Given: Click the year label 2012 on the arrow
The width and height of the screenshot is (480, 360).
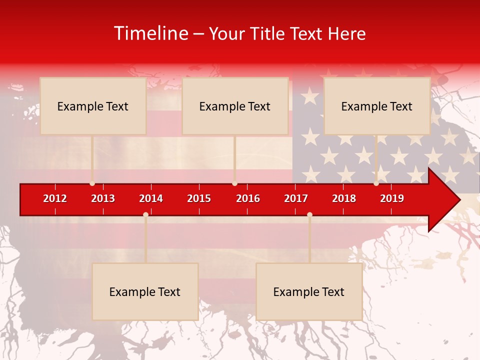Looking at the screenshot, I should pos(55,198).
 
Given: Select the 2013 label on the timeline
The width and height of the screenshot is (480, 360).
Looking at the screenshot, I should pos(103,198).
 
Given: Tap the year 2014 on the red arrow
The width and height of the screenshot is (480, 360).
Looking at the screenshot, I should pos(151,198).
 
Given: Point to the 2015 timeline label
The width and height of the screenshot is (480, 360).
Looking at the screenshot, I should pos(199,198).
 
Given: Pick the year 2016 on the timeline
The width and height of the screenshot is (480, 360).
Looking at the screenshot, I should pos(248,198).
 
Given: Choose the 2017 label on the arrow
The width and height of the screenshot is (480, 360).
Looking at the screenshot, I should pos(296,198).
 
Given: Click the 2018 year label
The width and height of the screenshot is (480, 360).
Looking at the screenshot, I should pos(344,198).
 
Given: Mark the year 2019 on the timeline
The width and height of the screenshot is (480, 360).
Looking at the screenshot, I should pos(392,198).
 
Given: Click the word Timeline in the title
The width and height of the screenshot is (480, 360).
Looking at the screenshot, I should pos(151,33).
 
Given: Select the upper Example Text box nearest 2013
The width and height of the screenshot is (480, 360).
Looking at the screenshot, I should pos(93,106).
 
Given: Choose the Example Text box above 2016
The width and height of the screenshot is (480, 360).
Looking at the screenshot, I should pos(235,106).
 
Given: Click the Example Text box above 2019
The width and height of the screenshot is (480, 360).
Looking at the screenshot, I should pos(377,106).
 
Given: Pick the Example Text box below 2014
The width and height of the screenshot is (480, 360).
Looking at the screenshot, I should pos(145,291).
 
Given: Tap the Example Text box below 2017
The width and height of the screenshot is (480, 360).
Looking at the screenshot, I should pos(309,291).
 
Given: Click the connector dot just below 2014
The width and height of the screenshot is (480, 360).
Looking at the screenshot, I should pos(145,214).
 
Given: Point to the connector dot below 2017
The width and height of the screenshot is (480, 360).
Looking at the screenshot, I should pos(309,214).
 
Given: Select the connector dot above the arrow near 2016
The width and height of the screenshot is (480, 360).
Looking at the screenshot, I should pos(234,183).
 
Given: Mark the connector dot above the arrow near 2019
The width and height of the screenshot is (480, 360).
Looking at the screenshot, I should pos(376,183).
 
